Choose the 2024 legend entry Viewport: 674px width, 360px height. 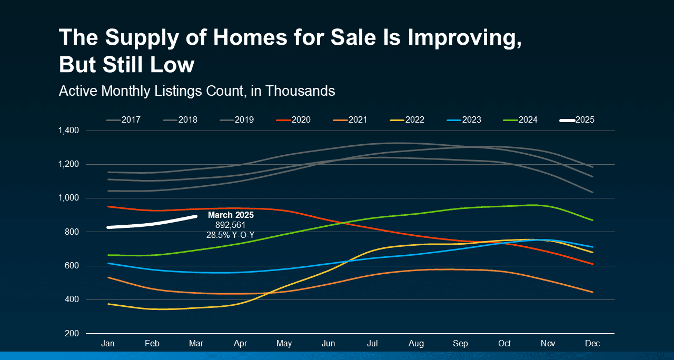pos(528,120)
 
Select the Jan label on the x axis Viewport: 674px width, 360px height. pos(108,344)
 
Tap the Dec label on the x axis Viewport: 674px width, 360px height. pos(592,344)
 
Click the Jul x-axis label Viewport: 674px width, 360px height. pos(372,344)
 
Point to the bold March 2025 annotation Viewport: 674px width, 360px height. pos(231,215)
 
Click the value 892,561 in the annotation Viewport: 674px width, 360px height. pos(231,225)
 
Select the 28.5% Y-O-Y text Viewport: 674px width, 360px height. pos(231,235)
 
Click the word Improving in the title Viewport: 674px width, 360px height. pos(463,38)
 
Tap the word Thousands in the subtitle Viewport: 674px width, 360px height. pos(300,91)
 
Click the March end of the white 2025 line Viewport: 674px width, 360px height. pos(196,216)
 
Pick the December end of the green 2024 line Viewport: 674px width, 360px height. pos(593,220)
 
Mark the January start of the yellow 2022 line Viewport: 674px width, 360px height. pos(108,304)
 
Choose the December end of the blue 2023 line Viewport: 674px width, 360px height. pos(593,247)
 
